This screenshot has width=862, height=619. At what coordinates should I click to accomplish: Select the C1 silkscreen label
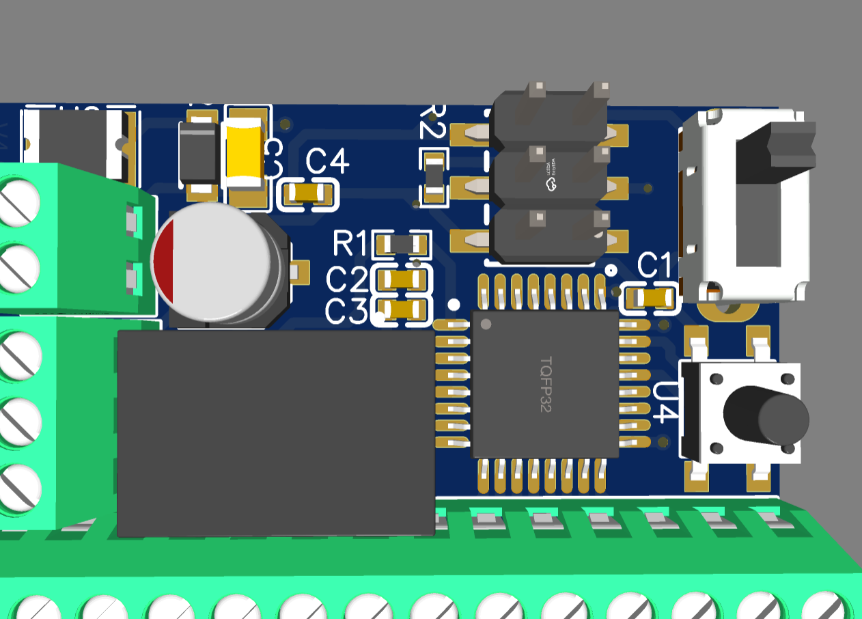tap(654, 264)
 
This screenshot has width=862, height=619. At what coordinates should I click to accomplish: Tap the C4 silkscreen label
tap(328, 163)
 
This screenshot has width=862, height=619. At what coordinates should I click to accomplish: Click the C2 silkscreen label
tap(347, 279)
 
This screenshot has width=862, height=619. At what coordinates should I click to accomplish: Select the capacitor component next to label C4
tap(309, 194)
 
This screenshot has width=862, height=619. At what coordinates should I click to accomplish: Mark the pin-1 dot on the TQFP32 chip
tap(486, 323)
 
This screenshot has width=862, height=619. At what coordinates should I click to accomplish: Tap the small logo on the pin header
tap(550, 178)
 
